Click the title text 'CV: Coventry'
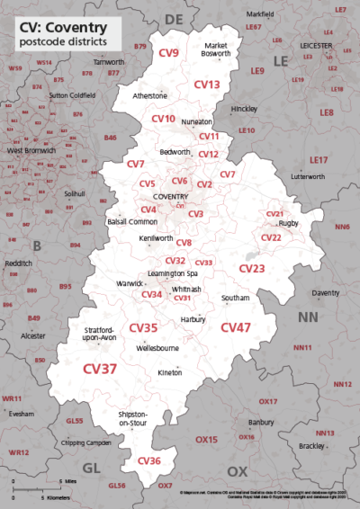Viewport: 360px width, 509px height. (60, 27)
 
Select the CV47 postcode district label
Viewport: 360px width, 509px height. (236, 328)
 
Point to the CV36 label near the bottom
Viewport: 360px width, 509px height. (149, 460)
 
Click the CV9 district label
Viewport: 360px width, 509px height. (168, 54)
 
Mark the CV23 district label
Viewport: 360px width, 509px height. (252, 269)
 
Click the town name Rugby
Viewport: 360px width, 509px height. (289, 223)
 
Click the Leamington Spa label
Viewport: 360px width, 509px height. (172, 272)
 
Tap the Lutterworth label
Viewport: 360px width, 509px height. (309, 177)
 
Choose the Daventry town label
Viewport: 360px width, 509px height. (325, 293)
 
